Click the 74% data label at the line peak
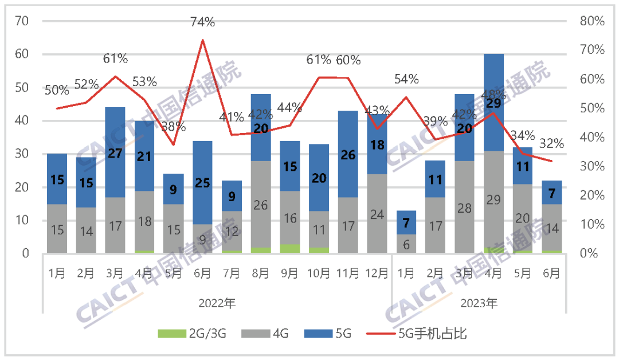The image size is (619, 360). pyautogui.click(x=203, y=22)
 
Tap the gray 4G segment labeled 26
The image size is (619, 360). pyautogui.click(x=261, y=205)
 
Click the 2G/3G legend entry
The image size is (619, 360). pyautogui.click(x=192, y=334)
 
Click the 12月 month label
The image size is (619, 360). pyautogui.click(x=377, y=274)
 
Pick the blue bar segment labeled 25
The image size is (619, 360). pyautogui.click(x=203, y=183)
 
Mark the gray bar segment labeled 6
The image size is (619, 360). pyautogui.click(x=406, y=243)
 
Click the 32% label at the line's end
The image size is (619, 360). pyautogui.click(x=551, y=144)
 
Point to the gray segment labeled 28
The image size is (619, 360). pyautogui.click(x=465, y=207)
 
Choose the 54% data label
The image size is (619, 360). pyautogui.click(x=406, y=79)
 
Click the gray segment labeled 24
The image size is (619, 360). pyautogui.click(x=377, y=214)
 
